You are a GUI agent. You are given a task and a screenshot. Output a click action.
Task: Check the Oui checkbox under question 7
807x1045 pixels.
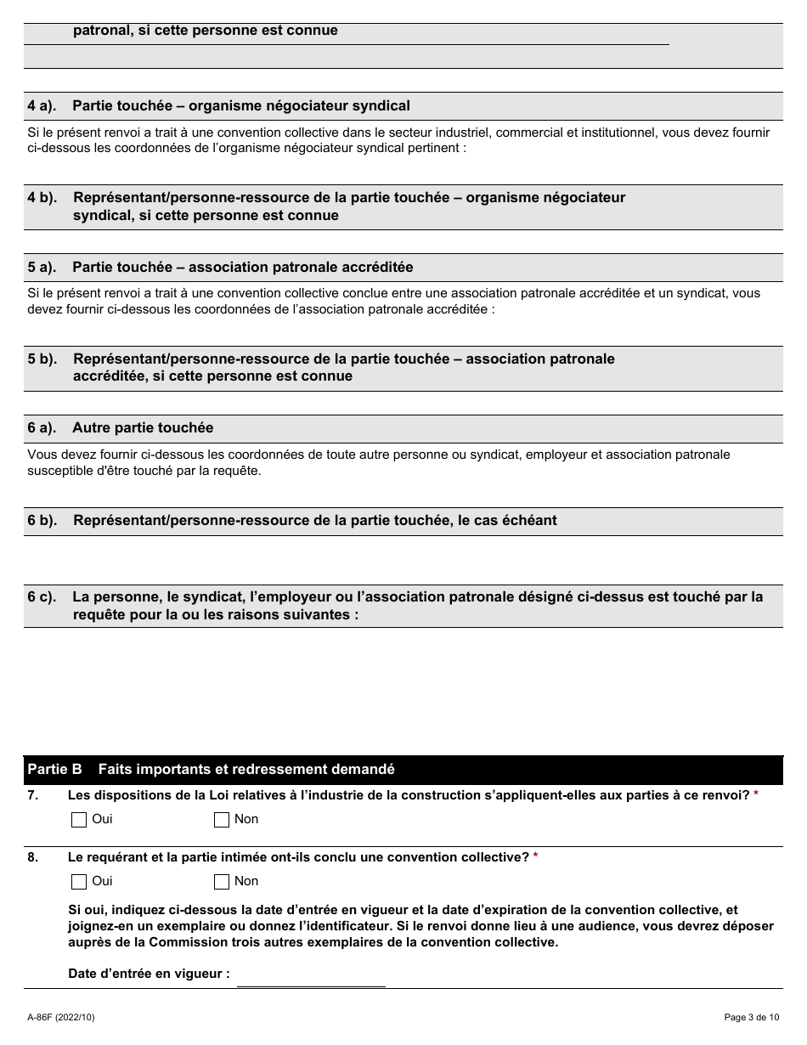[x=79, y=820]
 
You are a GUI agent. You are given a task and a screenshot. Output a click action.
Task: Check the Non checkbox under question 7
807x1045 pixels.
[x=222, y=820]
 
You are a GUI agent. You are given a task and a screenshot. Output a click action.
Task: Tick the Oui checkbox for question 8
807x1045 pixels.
[x=79, y=882]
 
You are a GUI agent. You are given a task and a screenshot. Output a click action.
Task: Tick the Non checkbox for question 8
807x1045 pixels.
[x=222, y=882]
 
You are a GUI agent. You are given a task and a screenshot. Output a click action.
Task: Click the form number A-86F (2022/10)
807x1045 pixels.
[x=61, y=1017]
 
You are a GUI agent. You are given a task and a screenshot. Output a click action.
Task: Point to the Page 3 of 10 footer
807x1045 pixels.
[x=751, y=1017]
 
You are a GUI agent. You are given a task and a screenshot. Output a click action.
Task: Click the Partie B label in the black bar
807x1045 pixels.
[x=54, y=770]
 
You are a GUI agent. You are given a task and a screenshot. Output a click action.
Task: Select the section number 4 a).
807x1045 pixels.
[x=42, y=106]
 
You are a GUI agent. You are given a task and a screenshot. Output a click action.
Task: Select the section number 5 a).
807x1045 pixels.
[x=42, y=268]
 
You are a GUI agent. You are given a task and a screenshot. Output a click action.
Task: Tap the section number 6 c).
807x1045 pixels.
[x=42, y=597]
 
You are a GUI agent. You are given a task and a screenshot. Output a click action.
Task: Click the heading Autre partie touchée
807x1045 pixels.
[x=143, y=428]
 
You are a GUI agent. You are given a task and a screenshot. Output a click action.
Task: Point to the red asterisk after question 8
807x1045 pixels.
[x=536, y=857]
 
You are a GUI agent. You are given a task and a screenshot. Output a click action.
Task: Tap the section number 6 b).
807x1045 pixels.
[x=42, y=521]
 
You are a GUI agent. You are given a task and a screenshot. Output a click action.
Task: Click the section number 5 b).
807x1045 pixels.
[x=42, y=359]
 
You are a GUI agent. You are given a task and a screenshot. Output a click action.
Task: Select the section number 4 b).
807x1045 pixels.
[x=42, y=198]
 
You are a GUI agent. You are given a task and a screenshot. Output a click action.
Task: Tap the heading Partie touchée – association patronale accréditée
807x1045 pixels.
[x=243, y=268]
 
